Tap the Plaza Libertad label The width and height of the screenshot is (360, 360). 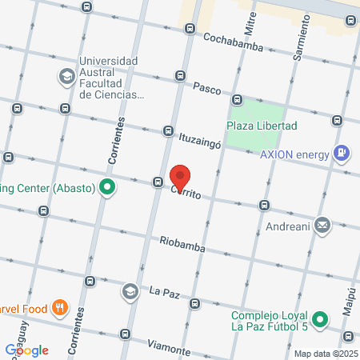pyautogui.click(x=262, y=126)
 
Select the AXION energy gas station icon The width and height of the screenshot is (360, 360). pyautogui.click(x=342, y=151)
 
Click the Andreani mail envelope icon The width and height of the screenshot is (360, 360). pyautogui.click(x=322, y=226)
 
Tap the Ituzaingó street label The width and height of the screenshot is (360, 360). pyautogui.click(x=199, y=138)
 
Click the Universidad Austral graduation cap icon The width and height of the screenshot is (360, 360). pyautogui.click(x=66, y=77)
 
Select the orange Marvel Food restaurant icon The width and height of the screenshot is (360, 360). pyautogui.click(x=59, y=307)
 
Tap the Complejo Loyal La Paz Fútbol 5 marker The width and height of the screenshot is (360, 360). pyautogui.click(x=320, y=320)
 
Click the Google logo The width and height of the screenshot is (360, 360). pyautogui.click(x=27, y=350)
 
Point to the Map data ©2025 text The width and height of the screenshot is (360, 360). pyautogui.click(x=325, y=354)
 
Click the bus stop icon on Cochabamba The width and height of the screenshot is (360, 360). pyautogui.click(x=190, y=30)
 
